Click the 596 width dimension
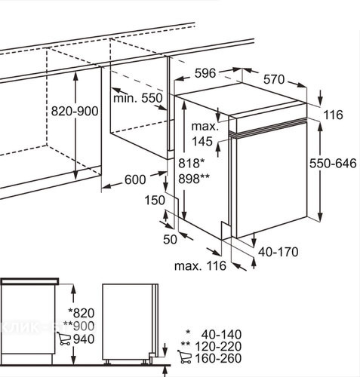pyautogui.click(x=205, y=73)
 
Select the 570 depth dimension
pyautogui.click(x=274, y=79)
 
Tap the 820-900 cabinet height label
pyautogui.click(x=75, y=111)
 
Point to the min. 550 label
pyautogui.click(x=138, y=98)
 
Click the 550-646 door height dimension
pyautogui.click(x=333, y=164)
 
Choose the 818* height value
pyautogui.click(x=192, y=164)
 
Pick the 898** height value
pyautogui.click(x=194, y=179)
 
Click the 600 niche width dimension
pyautogui.click(x=135, y=179)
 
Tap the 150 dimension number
pyautogui.click(x=155, y=201)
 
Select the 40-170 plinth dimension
pyautogui.click(x=278, y=252)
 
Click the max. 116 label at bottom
pyautogui.click(x=200, y=266)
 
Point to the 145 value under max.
pyautogui.click(x=202, y=142)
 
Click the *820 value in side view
pyautogui.click(x=82, y=313)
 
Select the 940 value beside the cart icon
pyautogui.click(x=84, y=339)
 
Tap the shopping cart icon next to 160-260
pyautogui.click(x=184, y=357)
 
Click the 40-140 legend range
pyautogui.click(x=221, y=335)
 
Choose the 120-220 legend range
pyautogui.click(x=218, y=347)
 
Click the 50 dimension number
pyautogui.click(x=170, y=240)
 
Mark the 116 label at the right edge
pyautogui.click(x=333, y=115)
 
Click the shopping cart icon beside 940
pyautogui.click(x=63, y=339)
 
